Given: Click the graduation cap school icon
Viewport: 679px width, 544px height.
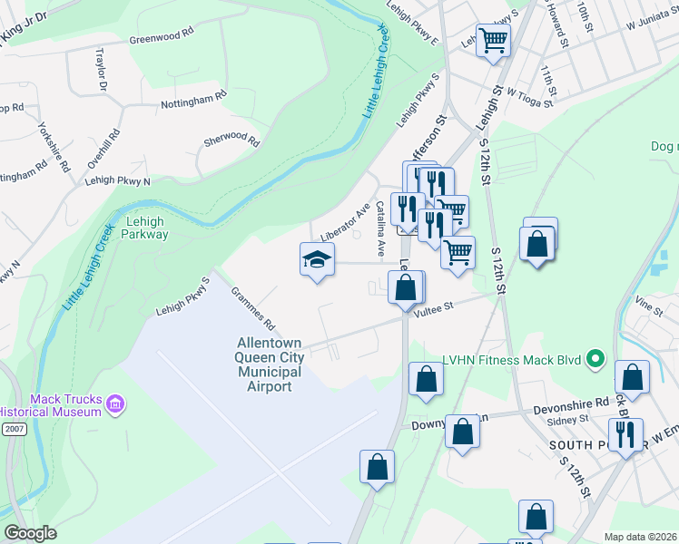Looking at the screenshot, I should click(317, 259).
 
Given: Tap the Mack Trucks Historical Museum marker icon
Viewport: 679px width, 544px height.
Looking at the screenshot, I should click(115, 403).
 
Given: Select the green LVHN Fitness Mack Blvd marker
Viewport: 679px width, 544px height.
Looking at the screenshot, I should click(596, 360).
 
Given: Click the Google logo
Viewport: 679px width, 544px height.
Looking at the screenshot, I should click(30, 533).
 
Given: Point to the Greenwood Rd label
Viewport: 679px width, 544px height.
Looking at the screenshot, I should click(162, 34).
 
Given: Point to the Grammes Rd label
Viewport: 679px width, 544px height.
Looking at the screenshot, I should click(252, 308).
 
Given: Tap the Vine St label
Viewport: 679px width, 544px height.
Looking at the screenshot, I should click(649, 307).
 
